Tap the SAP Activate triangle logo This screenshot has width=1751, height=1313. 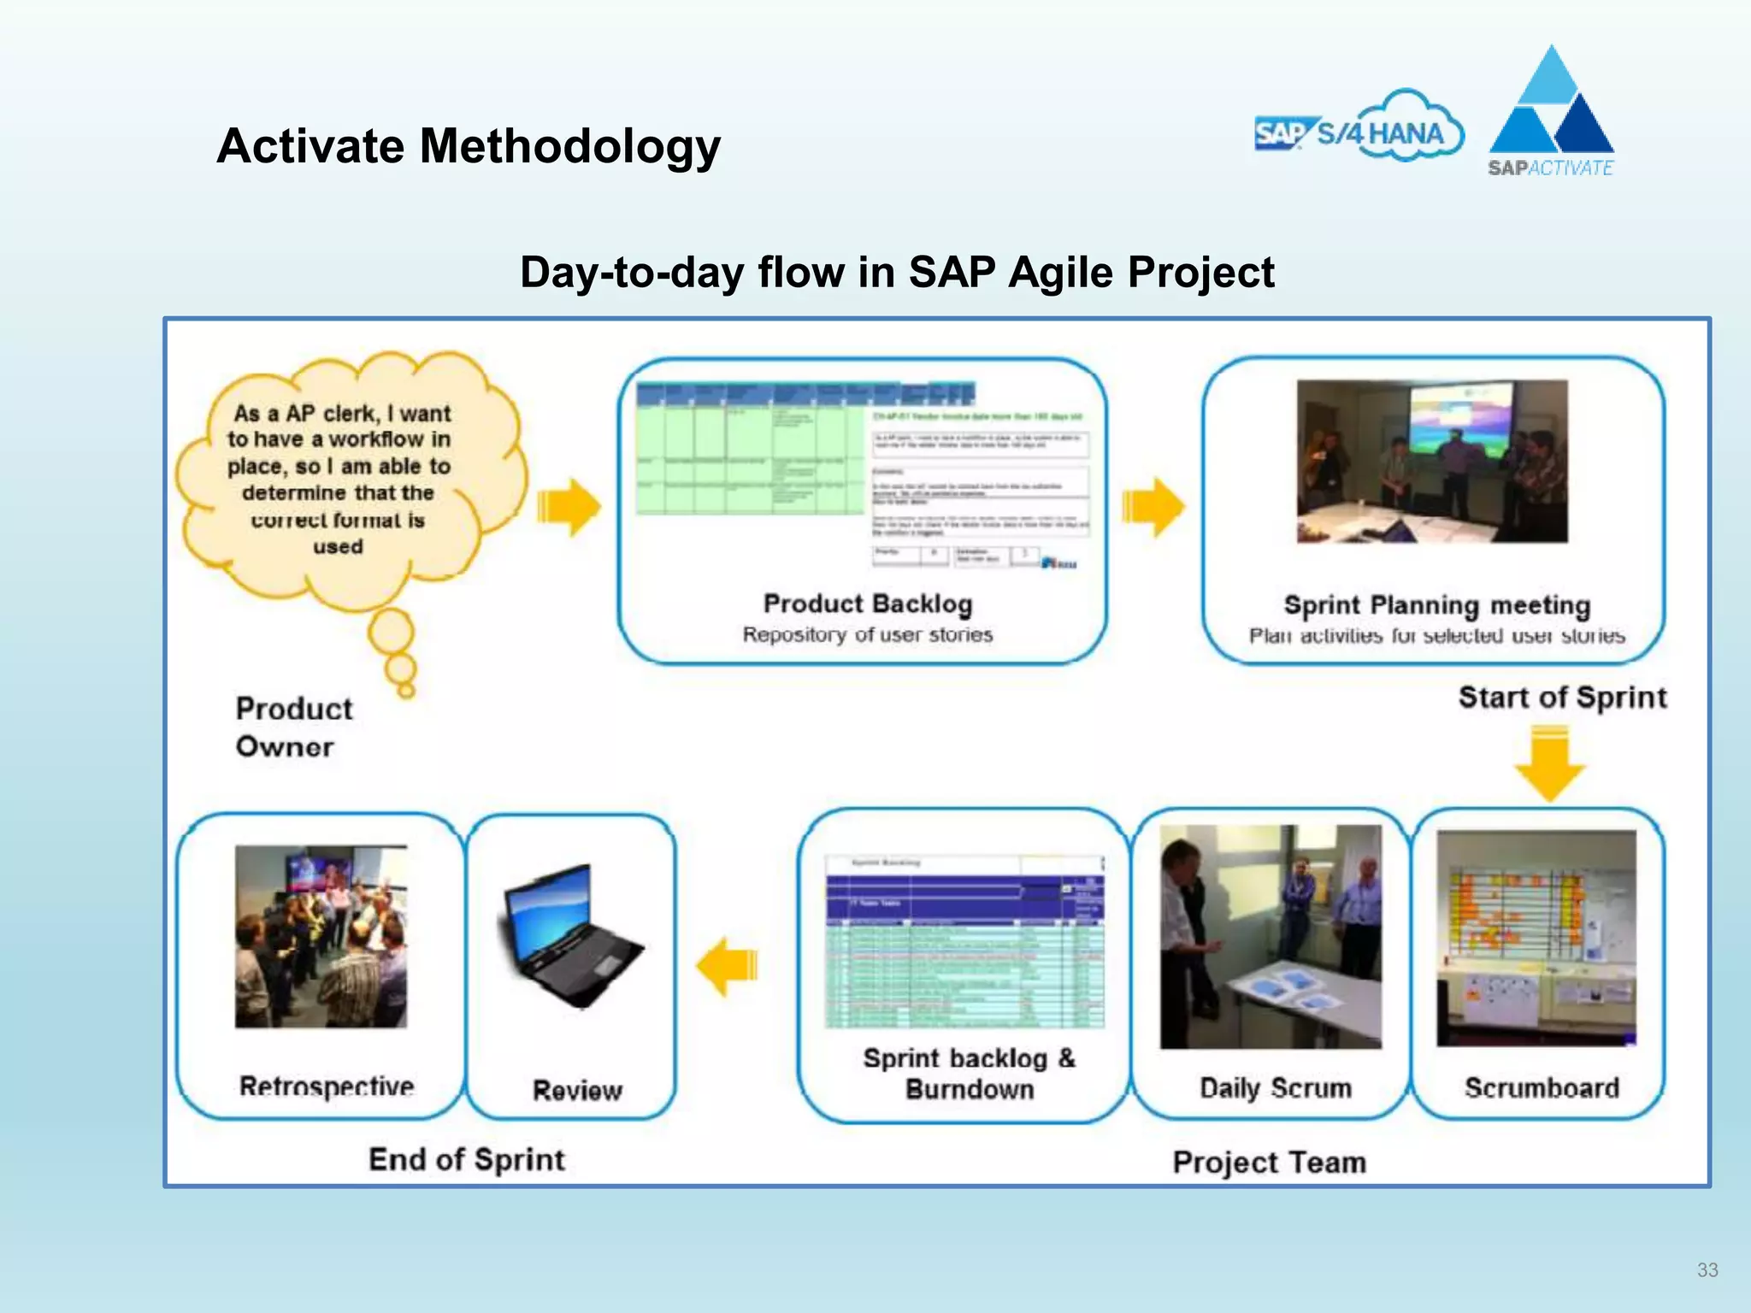tap(1551, 111)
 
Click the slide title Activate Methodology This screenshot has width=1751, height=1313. tap(469, 146)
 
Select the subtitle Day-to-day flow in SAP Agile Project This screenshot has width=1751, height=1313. tap(897, 273)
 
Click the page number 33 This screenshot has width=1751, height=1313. tap(1707, 1270)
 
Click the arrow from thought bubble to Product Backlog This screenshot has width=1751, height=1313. tap(569, 507)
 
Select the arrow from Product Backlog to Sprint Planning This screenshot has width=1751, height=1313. tap(1153, 507)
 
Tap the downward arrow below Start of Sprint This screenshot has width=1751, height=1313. tap(1549, 762)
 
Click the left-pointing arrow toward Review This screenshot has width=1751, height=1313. tap(728, 967)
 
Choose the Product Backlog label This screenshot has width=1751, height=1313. tap(867, 604)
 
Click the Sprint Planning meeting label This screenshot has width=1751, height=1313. tap(1436, 605)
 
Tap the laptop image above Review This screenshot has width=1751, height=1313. tap(568, 936)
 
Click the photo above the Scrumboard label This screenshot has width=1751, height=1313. tap(1536, 938)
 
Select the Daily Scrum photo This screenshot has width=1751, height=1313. tap(1271, 936)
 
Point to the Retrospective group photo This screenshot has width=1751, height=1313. tap(321, 936)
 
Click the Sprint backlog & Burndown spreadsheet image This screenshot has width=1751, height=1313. tap(964, 940)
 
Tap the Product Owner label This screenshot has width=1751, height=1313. tap(293, 727)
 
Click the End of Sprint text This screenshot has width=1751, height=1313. tap(467, 1160)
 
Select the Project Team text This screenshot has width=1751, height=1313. tap(1269, 1163)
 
